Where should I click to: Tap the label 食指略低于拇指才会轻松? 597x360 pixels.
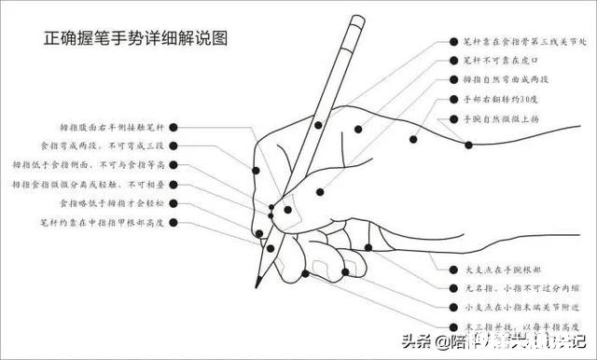pos(111,203)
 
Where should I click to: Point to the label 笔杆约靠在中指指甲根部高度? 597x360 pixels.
pos(102,223)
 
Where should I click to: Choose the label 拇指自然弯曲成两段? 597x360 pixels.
pos(505,80)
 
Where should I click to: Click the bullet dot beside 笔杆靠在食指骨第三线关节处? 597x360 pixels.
pos(441,42)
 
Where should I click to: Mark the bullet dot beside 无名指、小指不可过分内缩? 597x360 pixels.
pos(441,286)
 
